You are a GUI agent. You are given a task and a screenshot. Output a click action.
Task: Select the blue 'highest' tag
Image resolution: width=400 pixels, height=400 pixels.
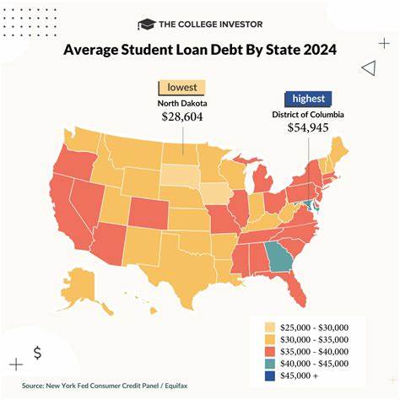pyautogui.click(x=308, y=98)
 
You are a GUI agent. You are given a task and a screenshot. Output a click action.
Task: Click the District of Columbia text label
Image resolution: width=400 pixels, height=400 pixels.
pyautogui.click(x=310, y=113)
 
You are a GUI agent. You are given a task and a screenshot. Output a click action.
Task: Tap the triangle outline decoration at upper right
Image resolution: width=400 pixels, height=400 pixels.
pyautogui.click(x=367, y=68)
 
